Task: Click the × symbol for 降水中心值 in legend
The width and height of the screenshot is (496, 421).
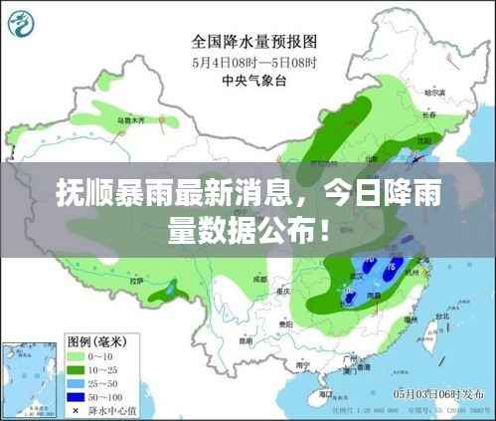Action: click(x=76, y=409)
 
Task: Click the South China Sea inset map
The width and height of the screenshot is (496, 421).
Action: click(x=25, y=380)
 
